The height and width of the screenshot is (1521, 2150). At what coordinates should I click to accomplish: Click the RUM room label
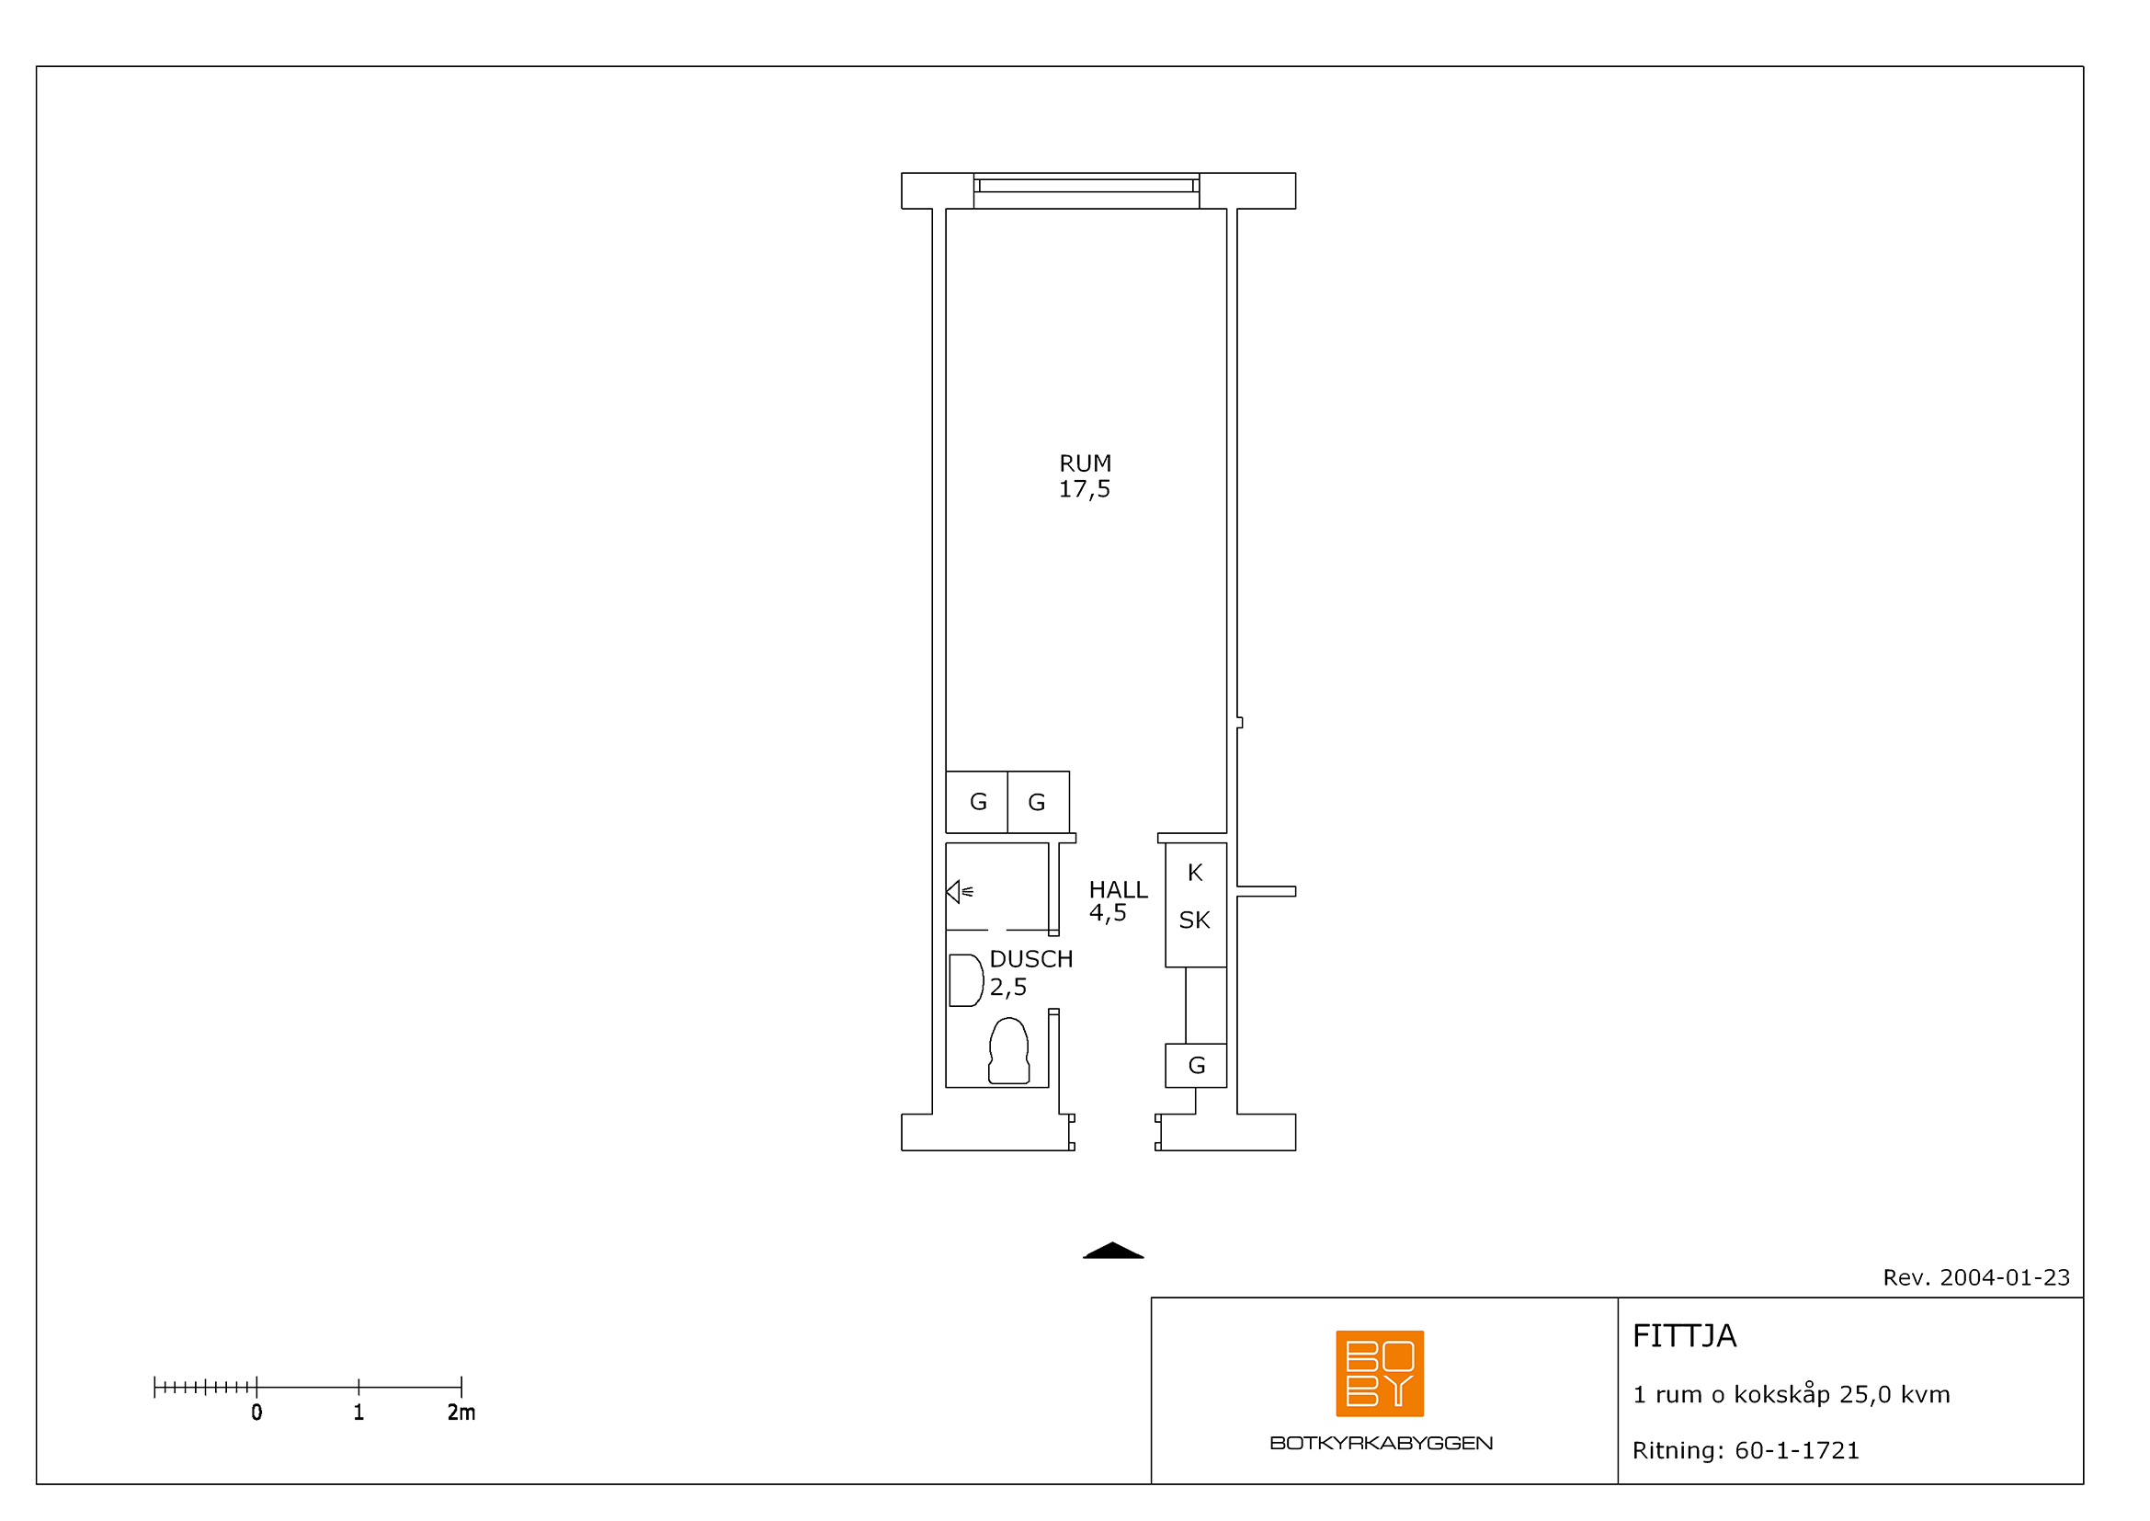1086,463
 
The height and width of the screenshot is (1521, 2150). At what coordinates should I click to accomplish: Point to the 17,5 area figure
1085,489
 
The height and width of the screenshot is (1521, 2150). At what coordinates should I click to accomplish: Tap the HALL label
1118,890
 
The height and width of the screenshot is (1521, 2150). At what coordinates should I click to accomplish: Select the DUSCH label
1031,959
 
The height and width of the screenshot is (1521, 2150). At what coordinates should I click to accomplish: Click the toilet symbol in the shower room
1009,1051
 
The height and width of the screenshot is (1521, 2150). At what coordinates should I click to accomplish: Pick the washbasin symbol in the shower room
965,980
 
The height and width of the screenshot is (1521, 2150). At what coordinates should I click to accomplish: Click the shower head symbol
959,892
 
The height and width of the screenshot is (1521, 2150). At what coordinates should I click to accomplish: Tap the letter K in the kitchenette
1195,873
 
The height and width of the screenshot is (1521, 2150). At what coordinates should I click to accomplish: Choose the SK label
1195,921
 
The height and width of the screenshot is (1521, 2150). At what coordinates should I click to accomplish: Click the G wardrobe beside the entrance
1196,1066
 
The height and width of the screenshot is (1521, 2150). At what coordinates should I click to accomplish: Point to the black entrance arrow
1113,1251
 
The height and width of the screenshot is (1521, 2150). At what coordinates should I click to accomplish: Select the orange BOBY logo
1380,1373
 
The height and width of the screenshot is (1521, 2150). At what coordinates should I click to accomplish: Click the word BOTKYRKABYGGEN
1382,1443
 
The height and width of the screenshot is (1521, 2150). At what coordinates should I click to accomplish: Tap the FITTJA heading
1685,1336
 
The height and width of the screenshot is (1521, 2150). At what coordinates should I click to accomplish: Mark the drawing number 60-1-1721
1797,1451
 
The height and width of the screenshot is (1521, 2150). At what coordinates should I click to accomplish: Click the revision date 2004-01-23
2005,1277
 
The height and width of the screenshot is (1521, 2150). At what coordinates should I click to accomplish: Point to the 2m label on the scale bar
461,1412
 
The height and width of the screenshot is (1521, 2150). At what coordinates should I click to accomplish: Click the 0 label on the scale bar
256,1412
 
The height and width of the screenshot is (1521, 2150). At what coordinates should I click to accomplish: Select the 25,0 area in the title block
1865,1396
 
